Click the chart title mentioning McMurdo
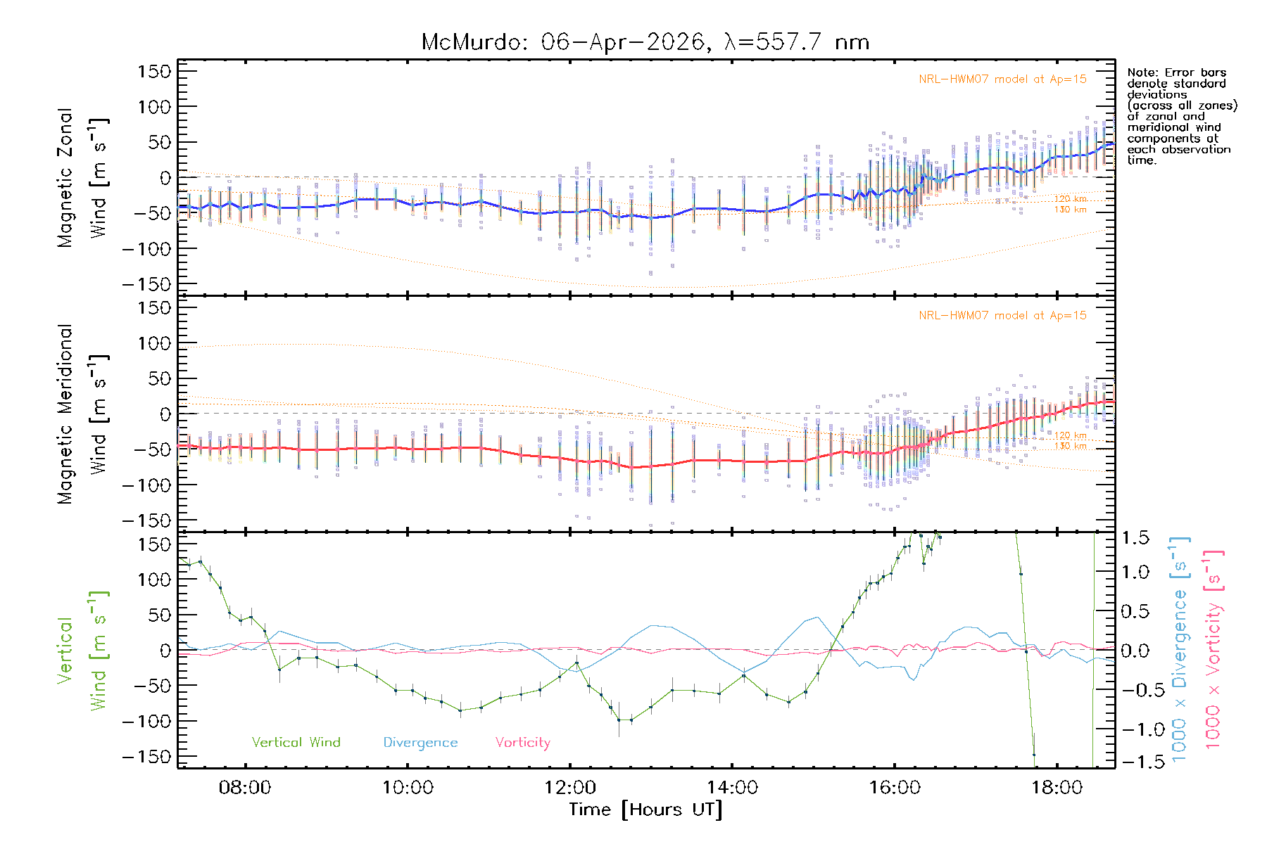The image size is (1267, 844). click(x=645, y=42)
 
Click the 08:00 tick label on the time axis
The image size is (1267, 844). click(x=245, y=787)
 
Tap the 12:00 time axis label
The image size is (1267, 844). click(x=570, y=787)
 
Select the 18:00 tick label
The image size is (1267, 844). click(x=1057, y=787)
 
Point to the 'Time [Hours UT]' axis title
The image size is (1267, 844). click(x=645, y=810)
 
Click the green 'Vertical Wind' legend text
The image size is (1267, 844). click(x=296, y=742)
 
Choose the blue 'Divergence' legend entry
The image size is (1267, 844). click(x=420, y=742)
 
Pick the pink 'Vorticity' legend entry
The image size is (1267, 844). click(x=522, y=742)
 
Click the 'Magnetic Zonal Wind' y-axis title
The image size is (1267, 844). click(x=82, y=178)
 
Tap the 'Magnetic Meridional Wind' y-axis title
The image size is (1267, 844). click(x=82, y=414)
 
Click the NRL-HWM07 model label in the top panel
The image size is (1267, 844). click(x=1002, y=79)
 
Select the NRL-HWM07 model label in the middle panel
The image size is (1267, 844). click(x=1002, y=316)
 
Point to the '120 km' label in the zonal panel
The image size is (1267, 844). click(x=1070, y=199)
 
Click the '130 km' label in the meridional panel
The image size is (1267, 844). click(x=1070, y=446)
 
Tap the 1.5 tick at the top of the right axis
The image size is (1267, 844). click(x=1135, y=538)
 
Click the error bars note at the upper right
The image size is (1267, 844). click(x=1181, y=116)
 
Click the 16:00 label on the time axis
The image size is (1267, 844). click(x=895, y=787)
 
